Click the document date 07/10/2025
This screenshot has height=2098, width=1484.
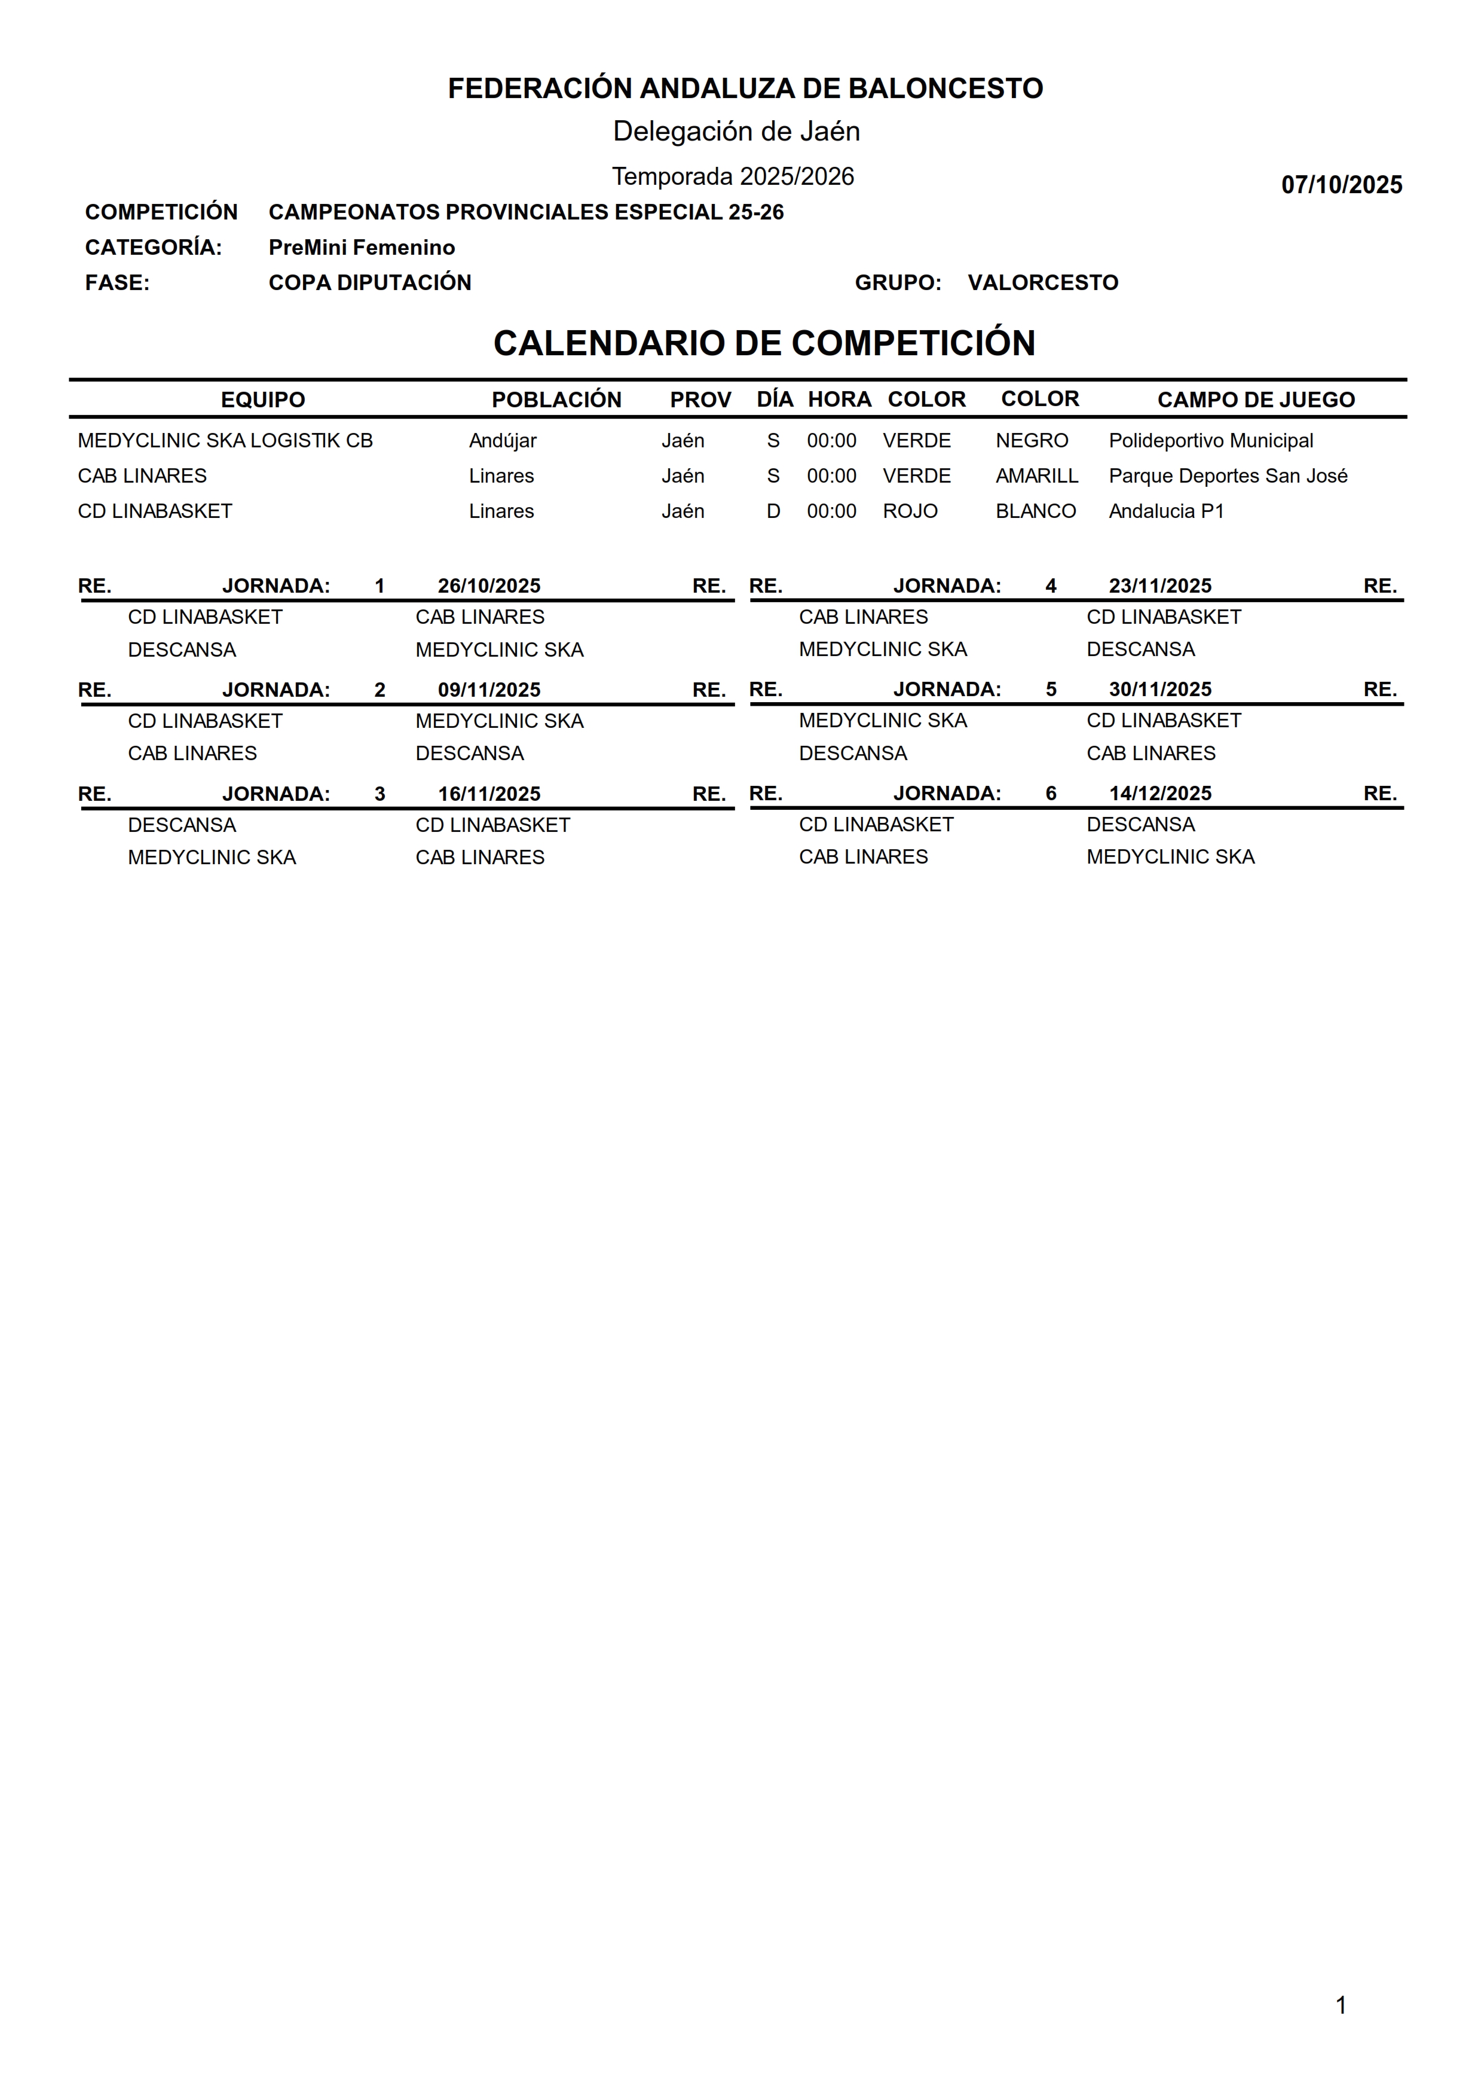pyautogui.click(x=1341, y=185)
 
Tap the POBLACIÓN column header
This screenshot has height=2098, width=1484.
pyautogui.click(x=556, y=400)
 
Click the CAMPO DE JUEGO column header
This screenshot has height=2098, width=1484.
pyautogui.click(x=1256, y=400)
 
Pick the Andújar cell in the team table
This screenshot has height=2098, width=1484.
pyautogui.click(x=503, y=441)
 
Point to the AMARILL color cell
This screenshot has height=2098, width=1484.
pyautogui.click(x=1036, y=476)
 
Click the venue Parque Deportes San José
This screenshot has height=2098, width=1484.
pyautogui.click(x=1227, y=476)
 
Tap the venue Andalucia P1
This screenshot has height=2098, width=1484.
pyautogui.click(x=1166, y=511)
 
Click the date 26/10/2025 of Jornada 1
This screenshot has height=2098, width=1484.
pyautogui.click(x=489, y=586)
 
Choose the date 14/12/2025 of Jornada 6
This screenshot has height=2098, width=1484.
pyautogui.click(x=1159, y=794)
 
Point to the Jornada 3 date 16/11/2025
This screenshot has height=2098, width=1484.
pyautogui.click(x=489, y=794)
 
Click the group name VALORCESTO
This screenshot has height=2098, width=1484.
pyautogui.click(x=1043, y=282)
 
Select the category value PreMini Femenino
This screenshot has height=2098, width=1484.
pyautogui.click(x=361, y=248)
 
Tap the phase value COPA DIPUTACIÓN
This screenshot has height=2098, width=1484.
pyautogui.click(x=369, y=282)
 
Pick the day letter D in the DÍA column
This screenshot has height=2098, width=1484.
pyautogui.click(x=773, y=511)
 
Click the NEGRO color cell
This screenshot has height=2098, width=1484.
pyautogui.click(x=1032, y=441)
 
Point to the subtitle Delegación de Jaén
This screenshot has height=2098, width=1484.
pyautogui.click(x=736, y=132)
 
